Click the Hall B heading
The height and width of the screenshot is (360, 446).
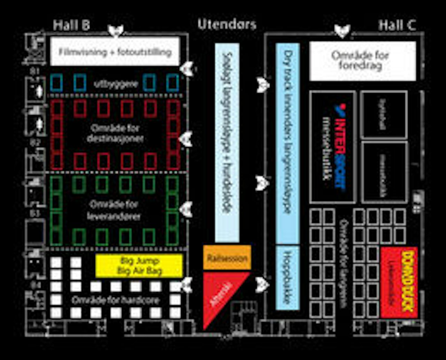point(71,25)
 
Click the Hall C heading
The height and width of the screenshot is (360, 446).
point(397,25)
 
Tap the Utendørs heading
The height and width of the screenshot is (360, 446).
point(227,24)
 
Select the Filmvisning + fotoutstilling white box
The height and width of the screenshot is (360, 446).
point(115,52)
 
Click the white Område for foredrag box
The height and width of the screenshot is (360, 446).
point(362,61)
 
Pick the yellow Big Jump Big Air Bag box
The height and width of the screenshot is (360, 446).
point(139,266)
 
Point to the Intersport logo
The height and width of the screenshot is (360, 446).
point(340,146)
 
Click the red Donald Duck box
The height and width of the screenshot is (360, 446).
point(399,282)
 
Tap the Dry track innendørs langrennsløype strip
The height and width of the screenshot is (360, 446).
point(288,143)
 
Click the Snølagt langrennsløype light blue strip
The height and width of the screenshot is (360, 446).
point(227,143)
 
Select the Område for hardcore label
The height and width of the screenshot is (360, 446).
point(115,300)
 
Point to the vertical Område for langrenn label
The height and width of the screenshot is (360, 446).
point(343,263)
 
